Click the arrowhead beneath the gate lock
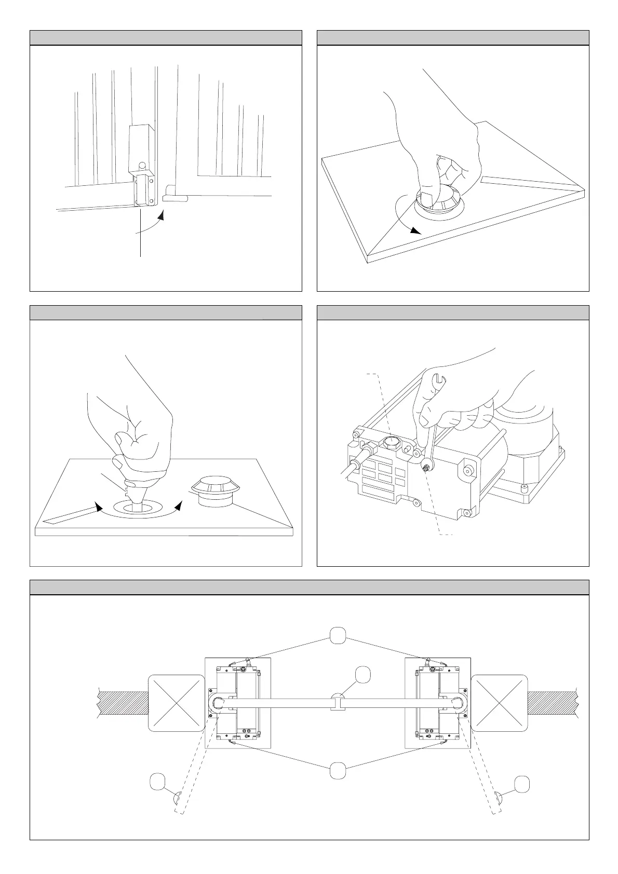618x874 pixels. click(162, 215)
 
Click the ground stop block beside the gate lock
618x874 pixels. click(174, 198)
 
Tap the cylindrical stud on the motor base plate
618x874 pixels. click(523, 488)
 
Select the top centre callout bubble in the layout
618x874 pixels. click(338, 635)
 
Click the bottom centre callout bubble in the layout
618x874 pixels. click(338, 771)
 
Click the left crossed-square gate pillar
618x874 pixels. click(177, 703)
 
